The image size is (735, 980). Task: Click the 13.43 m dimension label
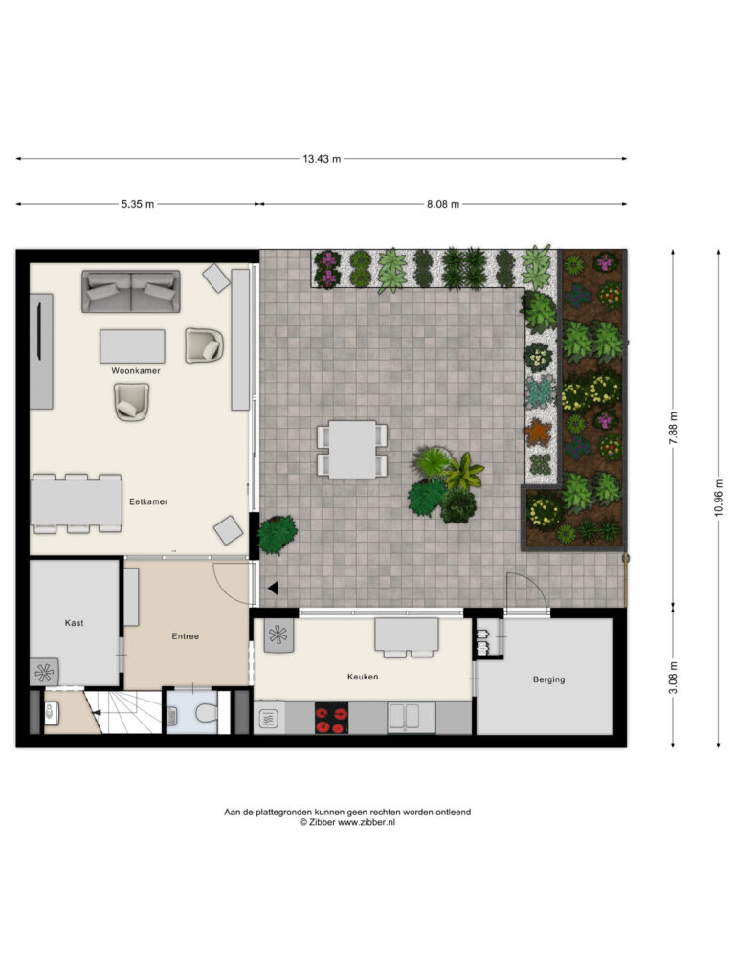(322, 159)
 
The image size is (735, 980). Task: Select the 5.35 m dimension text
(138, 204)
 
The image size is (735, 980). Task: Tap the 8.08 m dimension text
(443, 204)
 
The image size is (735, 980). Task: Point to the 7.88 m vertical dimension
(673, 428)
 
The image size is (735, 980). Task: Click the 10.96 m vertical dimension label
(718, 498)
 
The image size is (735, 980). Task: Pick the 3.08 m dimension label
(673, 678)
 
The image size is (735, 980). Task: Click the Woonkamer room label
(136, 370)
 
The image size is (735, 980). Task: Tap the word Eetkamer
(148, 501)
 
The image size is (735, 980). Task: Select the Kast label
(74, 622)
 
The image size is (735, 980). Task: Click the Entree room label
(185, 636)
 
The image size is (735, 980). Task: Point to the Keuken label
(363, 677)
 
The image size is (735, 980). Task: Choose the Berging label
(548, 679)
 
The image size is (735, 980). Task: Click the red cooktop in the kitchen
(331, 718)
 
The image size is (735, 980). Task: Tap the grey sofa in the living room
(130, 291)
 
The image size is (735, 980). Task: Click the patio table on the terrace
(352, 450)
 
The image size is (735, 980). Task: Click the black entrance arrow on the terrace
(273, 589)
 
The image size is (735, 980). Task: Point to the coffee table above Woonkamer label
(132, 346)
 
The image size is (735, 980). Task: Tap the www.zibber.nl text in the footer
(367, 822)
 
